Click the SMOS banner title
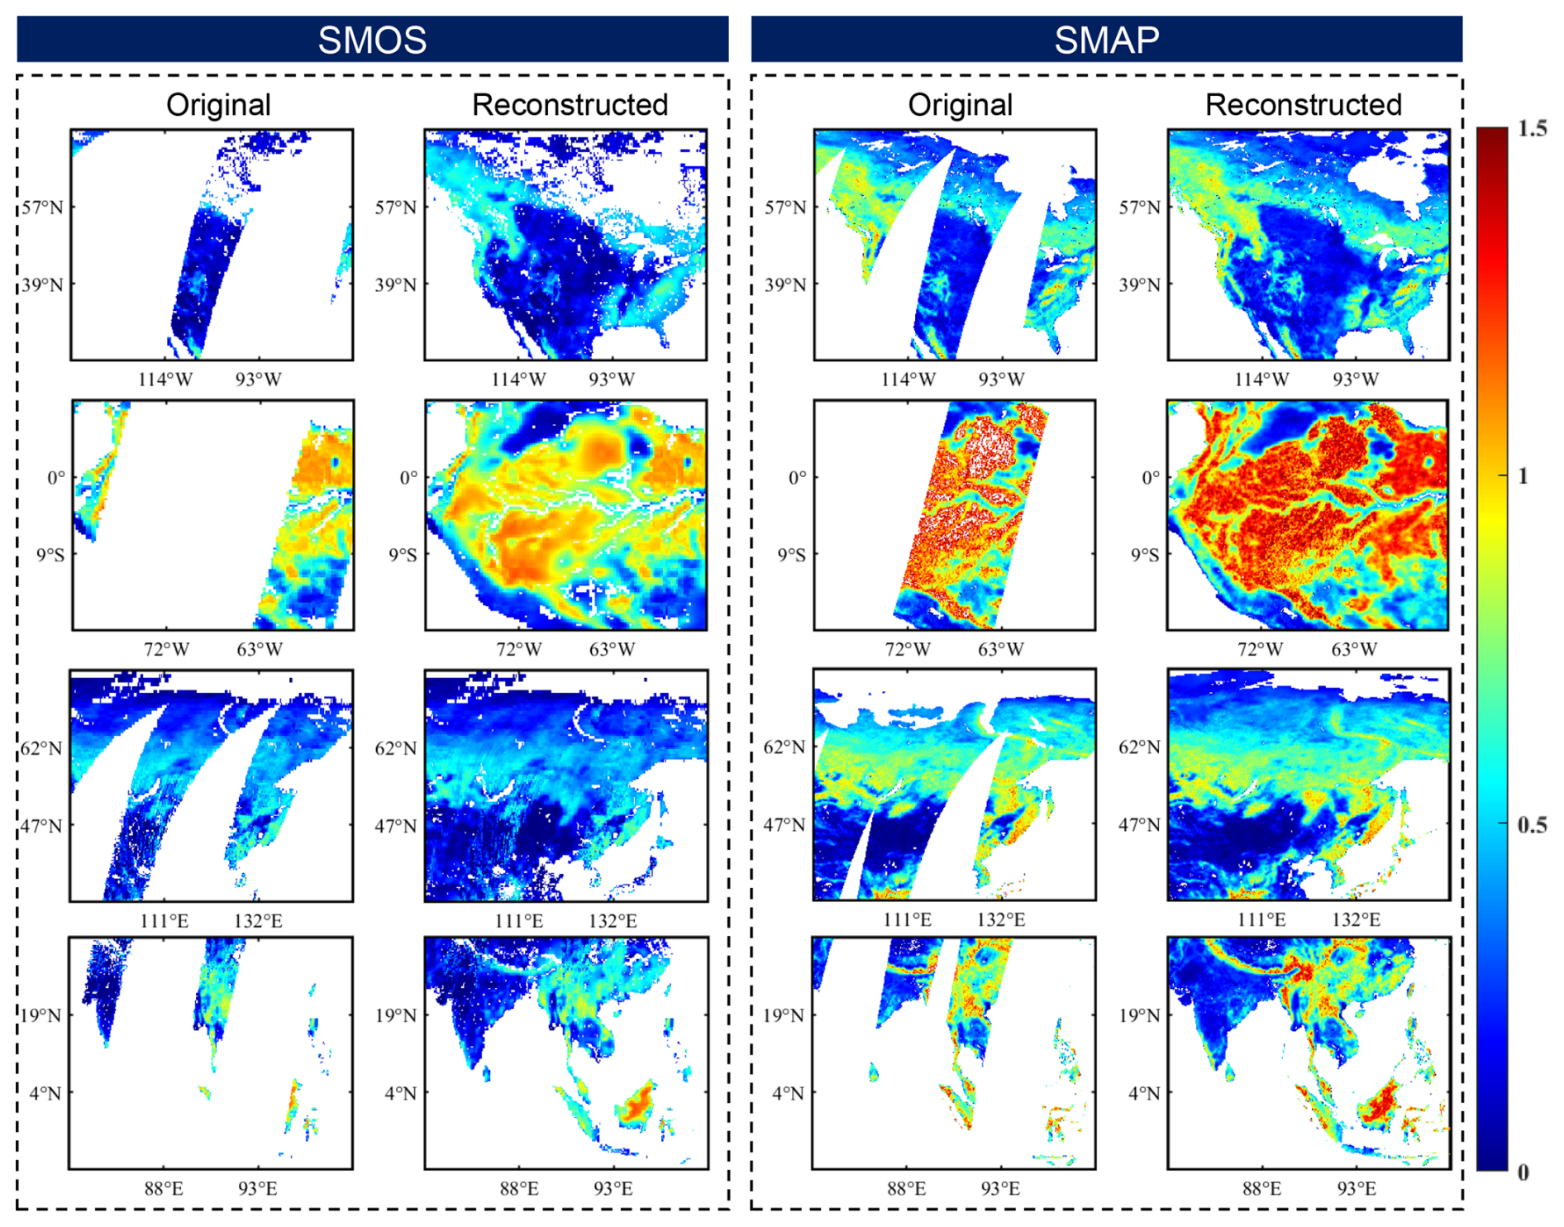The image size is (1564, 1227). [372, 40]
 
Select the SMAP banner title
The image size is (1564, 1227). [1106, 40]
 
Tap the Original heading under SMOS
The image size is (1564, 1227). [218, 105]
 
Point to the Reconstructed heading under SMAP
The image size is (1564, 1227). [1303, 105]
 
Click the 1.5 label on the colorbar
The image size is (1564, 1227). [1532, 129]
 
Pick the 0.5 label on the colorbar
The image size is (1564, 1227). [1532, 825]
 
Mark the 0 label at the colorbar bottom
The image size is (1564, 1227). [1523, 1172]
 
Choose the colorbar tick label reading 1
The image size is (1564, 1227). [1523, 476]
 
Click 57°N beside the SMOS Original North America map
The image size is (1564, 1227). [42, 208]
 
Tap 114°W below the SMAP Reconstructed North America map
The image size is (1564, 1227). [1261, 380]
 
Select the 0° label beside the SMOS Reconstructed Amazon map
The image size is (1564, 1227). [408, 478]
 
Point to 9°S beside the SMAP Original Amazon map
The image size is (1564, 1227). [791, 555]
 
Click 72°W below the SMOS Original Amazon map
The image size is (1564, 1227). [166, 650]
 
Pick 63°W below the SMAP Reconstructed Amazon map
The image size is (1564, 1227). [1354, 650]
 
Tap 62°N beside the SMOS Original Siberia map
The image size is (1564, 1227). [41, 749]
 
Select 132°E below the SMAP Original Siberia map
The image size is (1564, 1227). [1001, 919]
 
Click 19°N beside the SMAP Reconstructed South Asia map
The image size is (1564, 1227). [1140, 1015]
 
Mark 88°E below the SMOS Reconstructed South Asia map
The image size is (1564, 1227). [519, 1189]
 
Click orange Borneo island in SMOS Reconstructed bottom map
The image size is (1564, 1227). [637, 1104]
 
